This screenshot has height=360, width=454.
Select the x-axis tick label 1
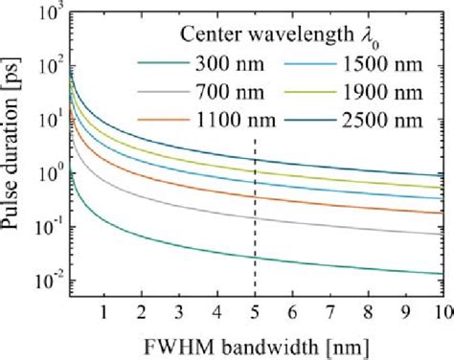103,312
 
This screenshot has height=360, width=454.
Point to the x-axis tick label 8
369,312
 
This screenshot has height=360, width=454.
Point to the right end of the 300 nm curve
442,274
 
